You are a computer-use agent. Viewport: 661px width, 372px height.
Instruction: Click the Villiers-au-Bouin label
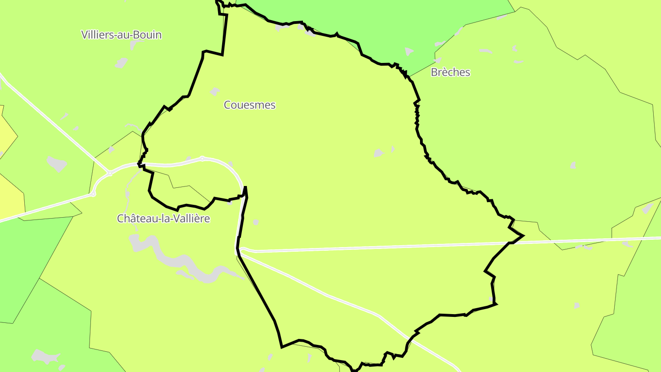tap(121, 34)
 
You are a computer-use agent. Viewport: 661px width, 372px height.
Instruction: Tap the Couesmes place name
tap(250, 105)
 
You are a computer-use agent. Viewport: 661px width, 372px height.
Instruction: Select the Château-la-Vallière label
tap(163, 219)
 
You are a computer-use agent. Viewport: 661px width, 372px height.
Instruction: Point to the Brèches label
tap(450, 72)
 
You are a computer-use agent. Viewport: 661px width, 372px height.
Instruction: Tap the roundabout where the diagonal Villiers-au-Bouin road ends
tap(110, 173)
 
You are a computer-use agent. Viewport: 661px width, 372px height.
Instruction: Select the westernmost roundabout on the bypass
tap(93, 195)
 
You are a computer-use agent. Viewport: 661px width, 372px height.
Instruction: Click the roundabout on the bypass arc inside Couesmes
tap(202, 158)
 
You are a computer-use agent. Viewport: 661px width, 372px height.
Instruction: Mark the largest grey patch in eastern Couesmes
tap(379, 152)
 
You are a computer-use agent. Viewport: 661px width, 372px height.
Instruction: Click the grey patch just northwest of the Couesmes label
tap(214, 92)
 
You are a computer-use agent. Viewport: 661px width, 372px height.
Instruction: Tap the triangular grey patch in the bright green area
tap(409, 51)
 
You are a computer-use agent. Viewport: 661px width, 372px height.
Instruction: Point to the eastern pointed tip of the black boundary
tap(523, 236)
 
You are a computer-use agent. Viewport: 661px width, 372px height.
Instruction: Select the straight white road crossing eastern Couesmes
tap(390, 247)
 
